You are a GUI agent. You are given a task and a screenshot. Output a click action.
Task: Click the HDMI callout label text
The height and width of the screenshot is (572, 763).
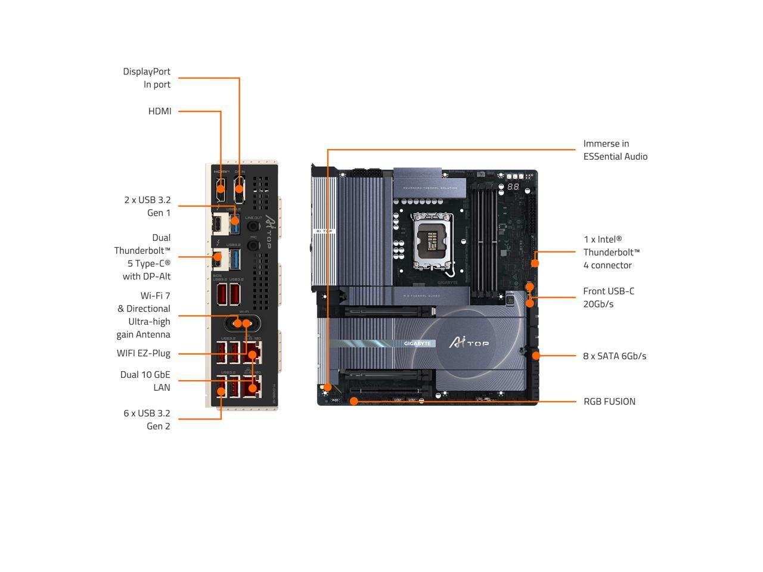click(x=160, y=111)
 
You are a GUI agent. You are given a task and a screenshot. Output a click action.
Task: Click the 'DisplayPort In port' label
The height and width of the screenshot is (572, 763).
click(x=147, y=78)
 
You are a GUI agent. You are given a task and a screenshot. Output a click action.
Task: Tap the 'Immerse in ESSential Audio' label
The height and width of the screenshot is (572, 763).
click(x=615, y=150)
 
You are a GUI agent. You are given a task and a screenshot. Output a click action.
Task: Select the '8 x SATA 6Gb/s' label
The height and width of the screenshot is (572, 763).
click(x=615, y=356)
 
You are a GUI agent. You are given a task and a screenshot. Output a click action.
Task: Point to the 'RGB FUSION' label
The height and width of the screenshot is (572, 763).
click(x=609, y=402)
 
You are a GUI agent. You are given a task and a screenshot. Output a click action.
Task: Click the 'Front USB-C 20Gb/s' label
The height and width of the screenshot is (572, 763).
click(x=609, y=297)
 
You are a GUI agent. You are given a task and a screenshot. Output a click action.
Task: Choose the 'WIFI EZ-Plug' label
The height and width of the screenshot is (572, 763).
click(x=144, y=353)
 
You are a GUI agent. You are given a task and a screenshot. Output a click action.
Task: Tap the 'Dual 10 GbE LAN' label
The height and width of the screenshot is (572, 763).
click(x=145, y=381)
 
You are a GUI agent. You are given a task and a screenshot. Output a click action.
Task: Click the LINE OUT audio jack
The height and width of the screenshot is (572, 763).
click(x=253, y=227)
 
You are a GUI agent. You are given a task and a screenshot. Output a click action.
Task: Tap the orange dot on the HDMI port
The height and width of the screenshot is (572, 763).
click(x=221, y=189)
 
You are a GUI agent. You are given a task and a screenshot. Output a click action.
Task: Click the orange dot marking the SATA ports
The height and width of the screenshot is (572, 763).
click(x=536, y=356)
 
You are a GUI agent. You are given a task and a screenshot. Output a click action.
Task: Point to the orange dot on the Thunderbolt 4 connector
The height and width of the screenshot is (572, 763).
click(x=535, y=263)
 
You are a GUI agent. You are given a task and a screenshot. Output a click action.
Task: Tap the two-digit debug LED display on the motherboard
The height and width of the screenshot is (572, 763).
click(x=513, y=187)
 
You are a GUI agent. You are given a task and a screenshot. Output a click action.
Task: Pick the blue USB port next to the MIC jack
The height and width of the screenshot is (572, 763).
click(x=235, y=260)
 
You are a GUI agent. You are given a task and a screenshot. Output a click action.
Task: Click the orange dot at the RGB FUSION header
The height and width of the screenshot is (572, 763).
click(x=353, y=401)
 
